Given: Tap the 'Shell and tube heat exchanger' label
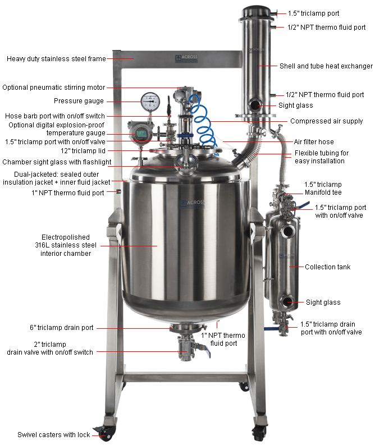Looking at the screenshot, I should [326, 66].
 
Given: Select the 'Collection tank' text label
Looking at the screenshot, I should [327, 267].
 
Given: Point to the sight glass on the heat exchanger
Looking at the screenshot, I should [255, 105].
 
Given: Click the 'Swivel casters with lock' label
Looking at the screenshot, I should [53, 435].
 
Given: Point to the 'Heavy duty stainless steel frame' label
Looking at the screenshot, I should [56, 59].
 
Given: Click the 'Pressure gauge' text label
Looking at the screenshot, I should [79, 101].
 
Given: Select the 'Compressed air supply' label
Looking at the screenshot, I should [326, 121].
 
